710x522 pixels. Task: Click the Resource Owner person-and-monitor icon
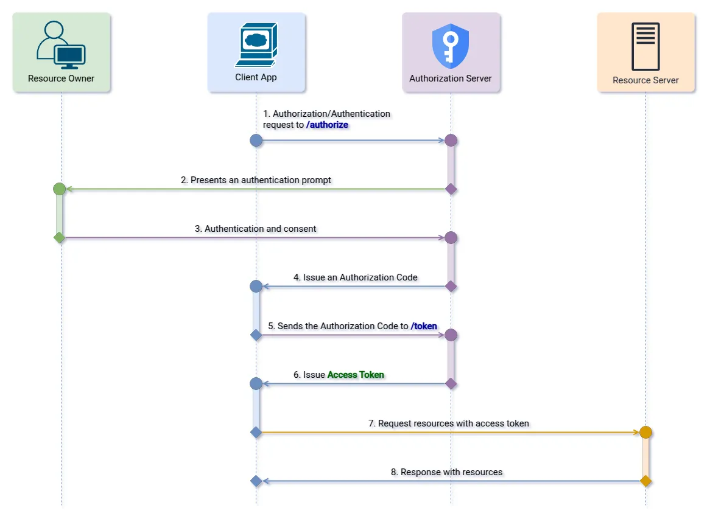click(61, 45)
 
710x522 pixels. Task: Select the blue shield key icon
click(451, 46)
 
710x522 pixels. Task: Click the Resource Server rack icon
click(645, 47)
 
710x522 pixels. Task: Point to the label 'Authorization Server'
click(451, 78)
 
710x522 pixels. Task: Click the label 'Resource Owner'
click(61, 78)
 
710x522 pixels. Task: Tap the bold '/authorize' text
click(327, 125)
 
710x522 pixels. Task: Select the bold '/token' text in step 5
click(424, 326)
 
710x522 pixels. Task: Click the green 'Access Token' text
click(356, 375)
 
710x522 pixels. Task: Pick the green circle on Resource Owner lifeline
click(59, 189)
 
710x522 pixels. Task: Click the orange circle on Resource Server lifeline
click(645, 433)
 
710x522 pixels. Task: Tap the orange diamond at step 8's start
click(645, 481)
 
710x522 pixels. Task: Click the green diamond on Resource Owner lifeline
click(59, 237)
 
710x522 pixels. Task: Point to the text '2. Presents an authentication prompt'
click(256, 180)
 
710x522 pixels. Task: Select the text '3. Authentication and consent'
click(256, 229)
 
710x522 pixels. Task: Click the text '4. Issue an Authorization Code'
click(356, 277)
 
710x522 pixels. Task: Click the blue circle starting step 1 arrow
click(256, 141)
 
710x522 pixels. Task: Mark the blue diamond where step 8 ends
click(256, 481)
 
